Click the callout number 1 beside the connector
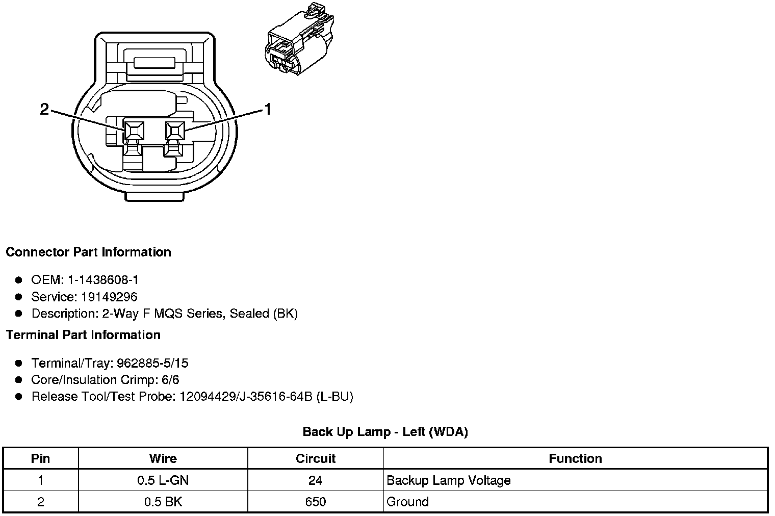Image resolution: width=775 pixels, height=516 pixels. pos(267,109)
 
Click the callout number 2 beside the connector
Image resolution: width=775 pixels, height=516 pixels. pos(45,109)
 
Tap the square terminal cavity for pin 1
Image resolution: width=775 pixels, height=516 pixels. pos(175,131)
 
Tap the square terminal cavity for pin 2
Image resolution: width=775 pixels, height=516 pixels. pos(134,131)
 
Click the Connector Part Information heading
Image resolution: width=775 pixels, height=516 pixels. pos(88,252)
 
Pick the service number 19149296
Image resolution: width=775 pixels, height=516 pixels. pos(109,297)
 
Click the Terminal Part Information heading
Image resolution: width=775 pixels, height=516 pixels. pos(83,335)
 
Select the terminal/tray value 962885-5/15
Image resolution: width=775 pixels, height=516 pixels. pos(152,363)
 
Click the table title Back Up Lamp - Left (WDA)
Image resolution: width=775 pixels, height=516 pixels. pos(385,432)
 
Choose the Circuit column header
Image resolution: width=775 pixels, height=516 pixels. pos(316,459)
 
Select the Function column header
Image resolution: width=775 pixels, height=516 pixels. pos(575,459)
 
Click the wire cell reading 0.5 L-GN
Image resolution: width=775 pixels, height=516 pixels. pos(163,480)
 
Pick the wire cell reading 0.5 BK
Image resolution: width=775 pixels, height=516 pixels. pos(163,502)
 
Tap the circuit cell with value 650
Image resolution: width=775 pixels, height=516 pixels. pos(316,502)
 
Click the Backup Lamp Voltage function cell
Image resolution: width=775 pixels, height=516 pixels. pos(449,480)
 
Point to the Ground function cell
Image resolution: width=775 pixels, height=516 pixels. pos(408,502)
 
